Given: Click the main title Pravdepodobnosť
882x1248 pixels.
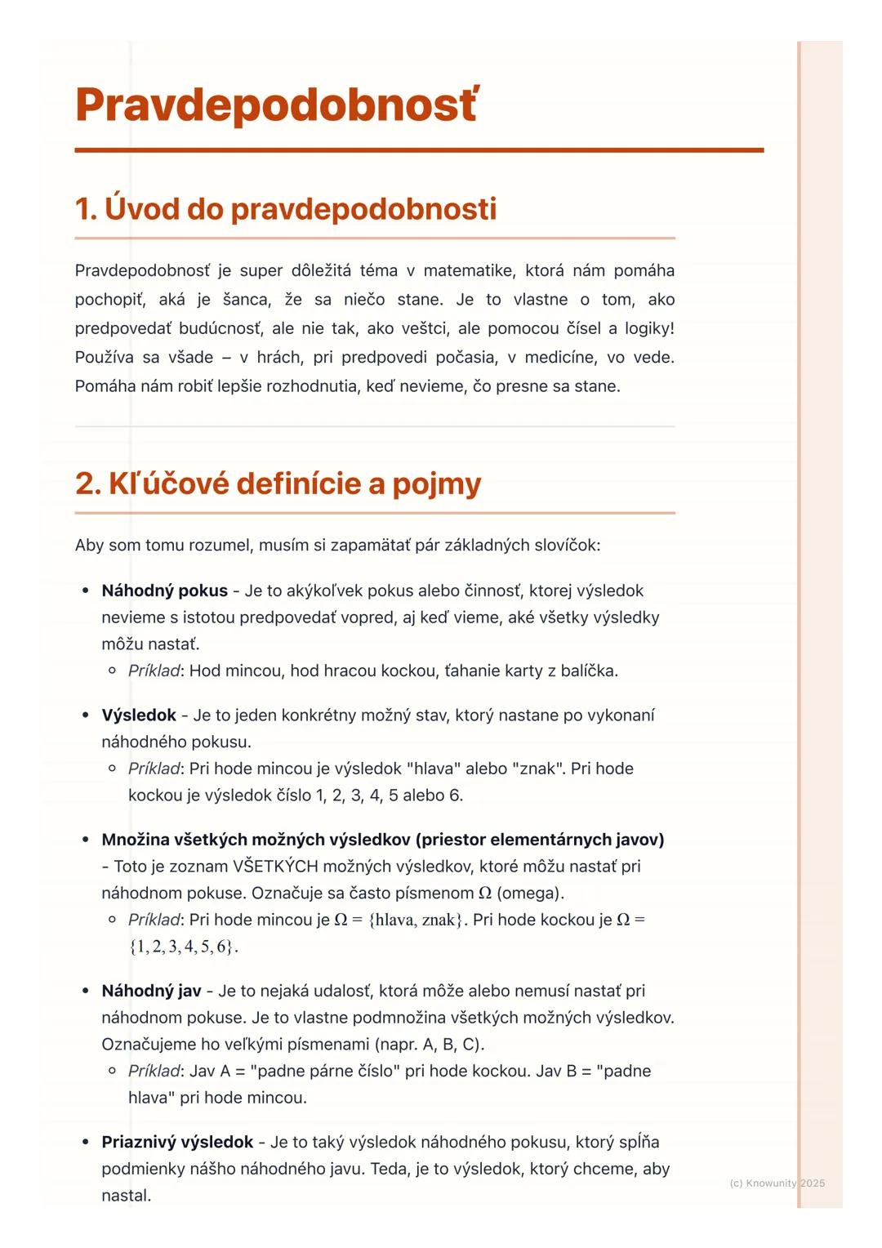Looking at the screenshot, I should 276,105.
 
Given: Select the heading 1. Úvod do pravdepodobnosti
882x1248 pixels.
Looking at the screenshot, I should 285,209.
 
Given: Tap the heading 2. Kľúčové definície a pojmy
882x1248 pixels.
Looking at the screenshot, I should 278,484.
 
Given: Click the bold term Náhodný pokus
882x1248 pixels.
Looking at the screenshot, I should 164,591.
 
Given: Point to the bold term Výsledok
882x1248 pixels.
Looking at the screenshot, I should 139,715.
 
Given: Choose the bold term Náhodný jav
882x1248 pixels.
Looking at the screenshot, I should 151,991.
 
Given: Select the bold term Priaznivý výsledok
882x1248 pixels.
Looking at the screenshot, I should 177,1142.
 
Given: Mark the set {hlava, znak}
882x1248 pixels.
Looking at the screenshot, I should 416,920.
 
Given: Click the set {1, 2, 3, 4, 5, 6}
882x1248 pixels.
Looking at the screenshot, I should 183,947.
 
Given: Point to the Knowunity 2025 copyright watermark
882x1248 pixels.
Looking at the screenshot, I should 777,1183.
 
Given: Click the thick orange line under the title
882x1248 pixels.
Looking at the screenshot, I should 419,150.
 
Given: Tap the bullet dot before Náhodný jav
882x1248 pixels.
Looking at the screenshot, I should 85,991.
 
